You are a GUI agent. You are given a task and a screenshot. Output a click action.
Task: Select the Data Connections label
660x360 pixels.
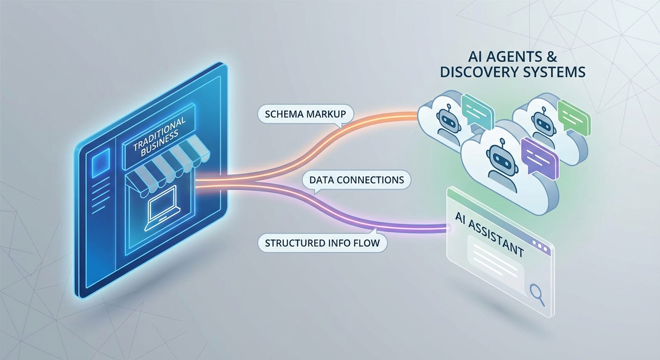coord(357,180)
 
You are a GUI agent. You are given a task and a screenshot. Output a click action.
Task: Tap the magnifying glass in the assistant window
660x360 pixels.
coord(536,293)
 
